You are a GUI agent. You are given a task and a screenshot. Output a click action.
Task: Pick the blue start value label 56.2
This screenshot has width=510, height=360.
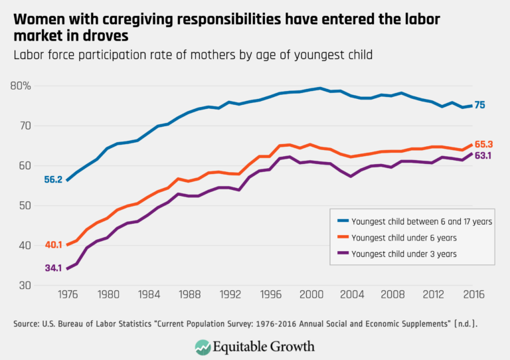(54, 179)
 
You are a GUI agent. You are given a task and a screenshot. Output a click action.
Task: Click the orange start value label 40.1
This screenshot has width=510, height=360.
(54, 245)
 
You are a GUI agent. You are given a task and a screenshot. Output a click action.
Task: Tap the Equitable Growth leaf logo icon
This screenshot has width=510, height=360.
(203, 346)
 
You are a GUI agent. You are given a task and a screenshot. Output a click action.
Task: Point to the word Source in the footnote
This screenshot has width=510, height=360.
(24, 323)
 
